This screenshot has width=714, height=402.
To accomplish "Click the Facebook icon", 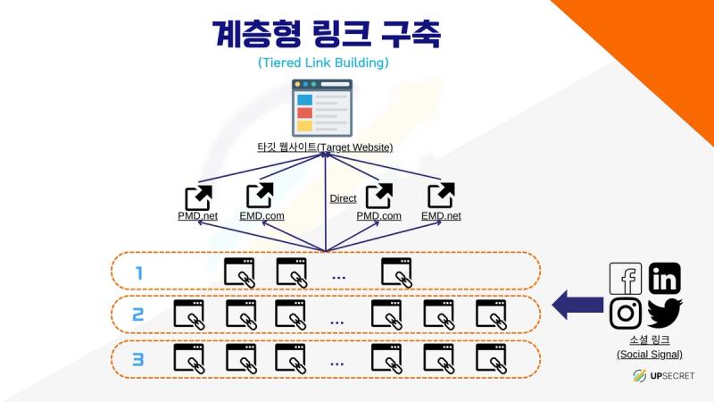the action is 626,279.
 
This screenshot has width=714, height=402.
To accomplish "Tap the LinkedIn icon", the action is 664,279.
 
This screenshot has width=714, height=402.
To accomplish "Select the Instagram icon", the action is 626,313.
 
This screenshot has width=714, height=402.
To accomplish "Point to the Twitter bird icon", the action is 664,314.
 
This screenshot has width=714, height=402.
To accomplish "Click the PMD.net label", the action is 197,215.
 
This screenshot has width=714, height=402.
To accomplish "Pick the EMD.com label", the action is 262,215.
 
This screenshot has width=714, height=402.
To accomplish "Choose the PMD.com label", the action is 378,215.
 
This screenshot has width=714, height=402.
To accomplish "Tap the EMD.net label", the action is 441,215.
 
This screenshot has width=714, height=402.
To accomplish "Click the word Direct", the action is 343,198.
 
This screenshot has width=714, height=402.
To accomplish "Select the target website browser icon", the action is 322,108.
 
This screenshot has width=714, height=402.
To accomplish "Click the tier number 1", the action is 139,273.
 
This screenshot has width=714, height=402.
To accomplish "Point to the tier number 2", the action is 138,314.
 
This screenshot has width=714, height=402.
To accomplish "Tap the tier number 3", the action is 138,359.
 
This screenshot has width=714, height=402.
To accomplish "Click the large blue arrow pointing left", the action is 577,305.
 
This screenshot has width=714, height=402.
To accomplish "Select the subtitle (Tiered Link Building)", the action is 323,63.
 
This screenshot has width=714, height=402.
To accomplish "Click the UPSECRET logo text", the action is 672,375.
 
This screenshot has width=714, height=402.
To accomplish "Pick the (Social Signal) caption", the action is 650,354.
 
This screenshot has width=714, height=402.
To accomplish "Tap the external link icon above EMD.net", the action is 441,195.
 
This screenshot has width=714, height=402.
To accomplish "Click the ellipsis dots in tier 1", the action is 339,277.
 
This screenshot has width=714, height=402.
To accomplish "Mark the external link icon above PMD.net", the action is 198,197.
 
